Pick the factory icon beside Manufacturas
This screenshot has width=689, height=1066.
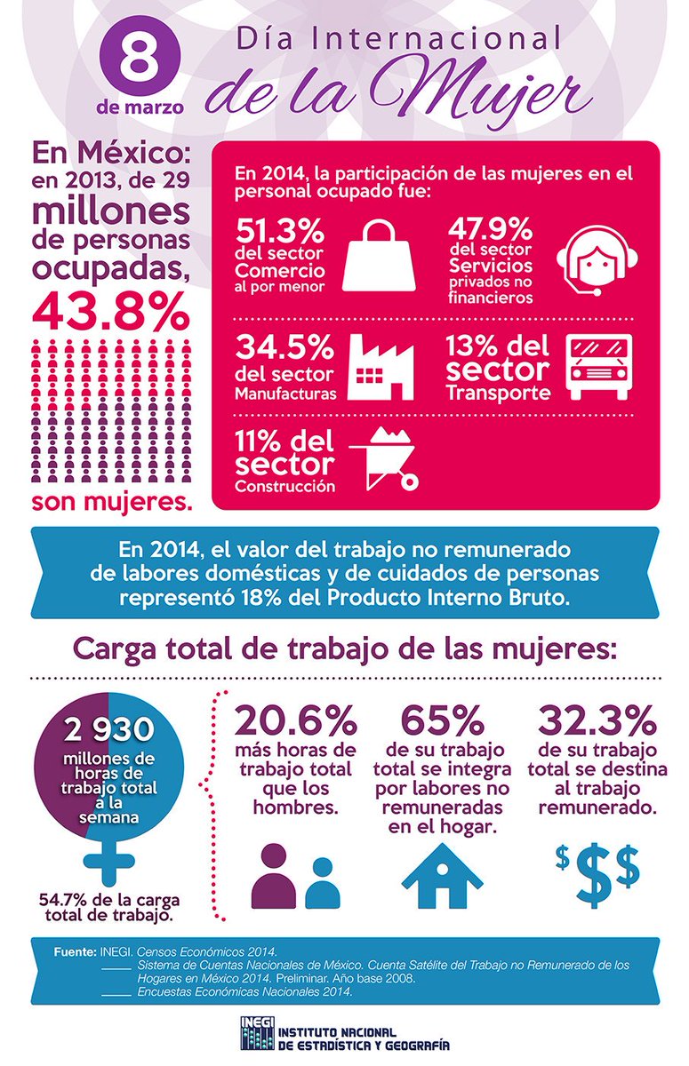pos(379,365)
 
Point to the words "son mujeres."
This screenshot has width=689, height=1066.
pos(112,502)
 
